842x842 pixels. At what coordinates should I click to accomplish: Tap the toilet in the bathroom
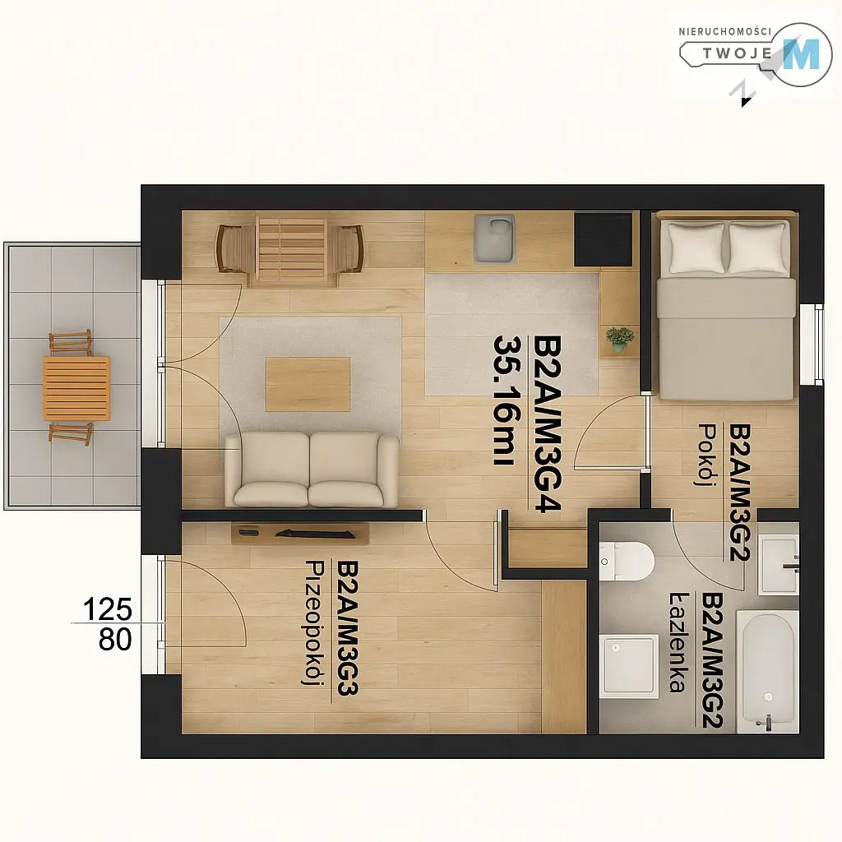(x=626, y=561)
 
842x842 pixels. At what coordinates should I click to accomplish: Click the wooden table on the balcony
(x=76, y=388)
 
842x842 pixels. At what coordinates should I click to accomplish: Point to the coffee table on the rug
(x=308, y=385)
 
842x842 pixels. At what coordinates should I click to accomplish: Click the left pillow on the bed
(x=696, y=248)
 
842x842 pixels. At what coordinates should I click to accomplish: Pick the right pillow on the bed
(x=757, y=248)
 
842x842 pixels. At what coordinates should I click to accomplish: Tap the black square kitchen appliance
(x=603, y=239)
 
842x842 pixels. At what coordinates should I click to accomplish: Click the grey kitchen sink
(x=494, y=238)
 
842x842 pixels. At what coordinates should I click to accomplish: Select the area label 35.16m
(x=506, y=400)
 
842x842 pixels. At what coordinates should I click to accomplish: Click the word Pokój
(x=708, y=455)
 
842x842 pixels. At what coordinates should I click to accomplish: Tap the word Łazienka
(x=678, y=642)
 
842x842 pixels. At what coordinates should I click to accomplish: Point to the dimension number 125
(x=108, y=609)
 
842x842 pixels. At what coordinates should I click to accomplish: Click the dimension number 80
(x=115, y=639)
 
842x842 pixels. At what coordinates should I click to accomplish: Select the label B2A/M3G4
(x=547, y=424)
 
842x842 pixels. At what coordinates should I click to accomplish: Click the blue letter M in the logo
(x=801, y=54)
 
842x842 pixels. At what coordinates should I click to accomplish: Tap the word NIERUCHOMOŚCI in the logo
(x=724, y=32)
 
